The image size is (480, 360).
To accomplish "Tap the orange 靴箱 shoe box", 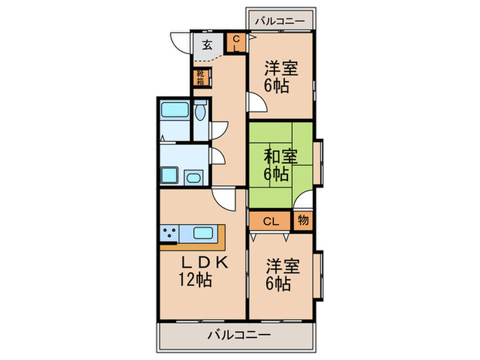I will tap(200, 78).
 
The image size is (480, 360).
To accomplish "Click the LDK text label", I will tap(204, 263).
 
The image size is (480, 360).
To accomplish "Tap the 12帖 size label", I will tap(195, 280).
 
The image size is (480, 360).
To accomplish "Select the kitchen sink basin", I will tap(205, 233).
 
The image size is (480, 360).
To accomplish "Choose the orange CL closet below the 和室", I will tap(271, 221).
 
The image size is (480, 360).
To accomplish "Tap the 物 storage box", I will tap(303, 221).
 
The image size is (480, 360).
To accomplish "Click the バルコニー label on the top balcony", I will tap(281, 21).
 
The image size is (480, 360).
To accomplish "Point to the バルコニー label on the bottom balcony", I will tap(238, 336).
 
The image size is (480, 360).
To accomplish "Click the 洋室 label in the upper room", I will tap(280, 69).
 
